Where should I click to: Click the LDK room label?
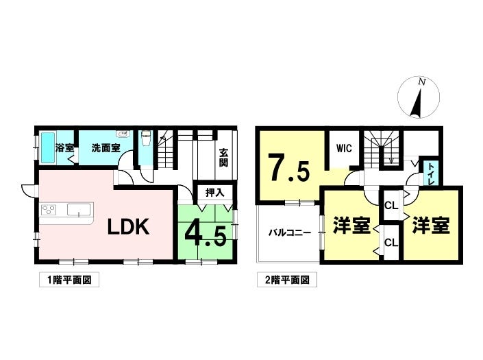(128, 227)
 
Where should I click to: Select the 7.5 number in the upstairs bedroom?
(288, 168)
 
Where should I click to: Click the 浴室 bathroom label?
(64, 148)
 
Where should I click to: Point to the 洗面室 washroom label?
(106, 148)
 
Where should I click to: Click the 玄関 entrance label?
(223, 158)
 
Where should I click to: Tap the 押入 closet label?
(215, 193)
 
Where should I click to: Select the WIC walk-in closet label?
(344, 148)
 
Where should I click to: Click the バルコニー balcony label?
(290, 232)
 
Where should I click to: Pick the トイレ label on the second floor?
(431, 174)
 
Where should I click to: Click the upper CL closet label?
(391, 206)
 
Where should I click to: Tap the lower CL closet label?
(391, 243)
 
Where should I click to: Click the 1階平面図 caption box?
(69, 280)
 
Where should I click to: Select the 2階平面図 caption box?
(287, 280)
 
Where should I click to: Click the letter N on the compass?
(422, 82)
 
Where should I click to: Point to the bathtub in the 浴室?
(48, 148)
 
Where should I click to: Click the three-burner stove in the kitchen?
(49, 210)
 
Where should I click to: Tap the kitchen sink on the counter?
(79, 210)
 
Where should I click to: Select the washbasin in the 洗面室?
(123, 134)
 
